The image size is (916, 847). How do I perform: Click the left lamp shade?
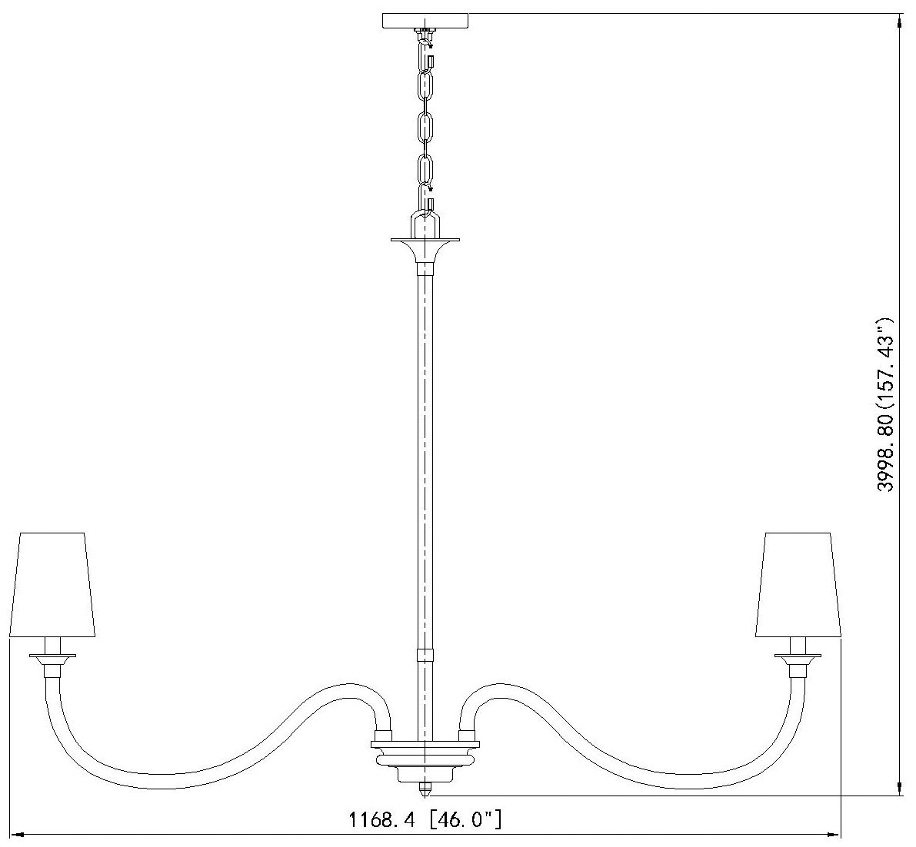[x=52, y=583]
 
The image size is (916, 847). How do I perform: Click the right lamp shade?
[x=798, y=583]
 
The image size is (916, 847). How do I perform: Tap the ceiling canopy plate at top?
[x=426, y=20]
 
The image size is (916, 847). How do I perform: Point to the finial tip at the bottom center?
[x=425, y=789]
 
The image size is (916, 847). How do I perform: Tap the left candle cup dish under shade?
[x=53, y=658]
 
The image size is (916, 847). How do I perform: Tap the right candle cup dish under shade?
[x=798, y=658]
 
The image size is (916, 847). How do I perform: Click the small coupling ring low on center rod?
[x=425, y=656]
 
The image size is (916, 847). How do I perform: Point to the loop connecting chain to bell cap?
[x=425, y=224]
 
